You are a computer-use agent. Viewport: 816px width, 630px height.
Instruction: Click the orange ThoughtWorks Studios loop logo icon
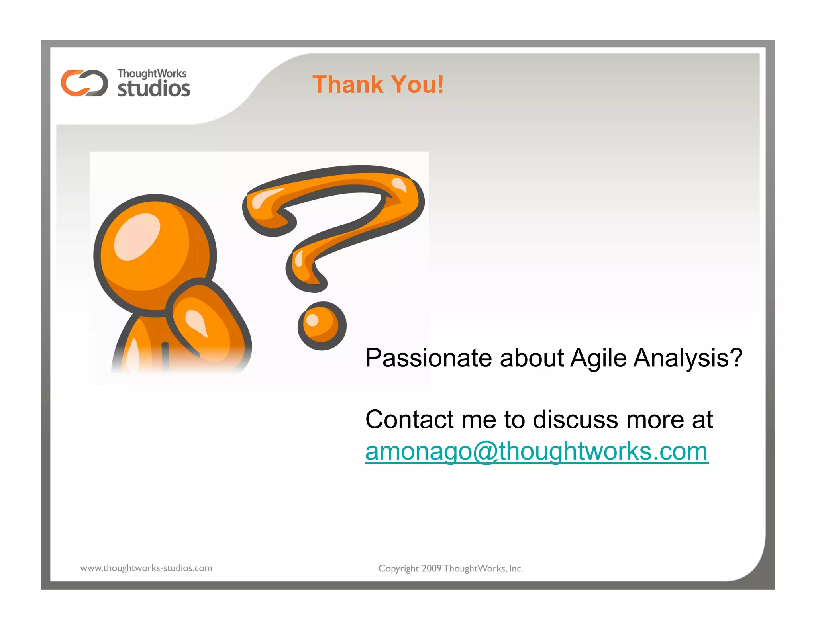point(84,83)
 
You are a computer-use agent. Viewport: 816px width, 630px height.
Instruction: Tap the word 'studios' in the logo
point(154,88)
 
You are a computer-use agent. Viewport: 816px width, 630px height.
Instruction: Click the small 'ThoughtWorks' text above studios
point(151,74)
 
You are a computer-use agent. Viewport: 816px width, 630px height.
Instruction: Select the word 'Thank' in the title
point(347,84)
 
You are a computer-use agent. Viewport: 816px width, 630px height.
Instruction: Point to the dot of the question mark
point(322,326)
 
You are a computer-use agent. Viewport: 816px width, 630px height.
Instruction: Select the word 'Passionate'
point(429,358)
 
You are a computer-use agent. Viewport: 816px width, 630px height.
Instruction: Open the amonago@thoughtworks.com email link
point(536,452)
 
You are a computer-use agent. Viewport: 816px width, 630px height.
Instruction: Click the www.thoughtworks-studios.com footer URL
point(146,568)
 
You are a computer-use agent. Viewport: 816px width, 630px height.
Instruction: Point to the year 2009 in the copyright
point(431,569)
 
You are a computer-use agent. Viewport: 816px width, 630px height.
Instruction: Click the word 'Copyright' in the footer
point(398,569)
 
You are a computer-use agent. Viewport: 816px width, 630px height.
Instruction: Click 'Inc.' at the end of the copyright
point(516,569)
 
